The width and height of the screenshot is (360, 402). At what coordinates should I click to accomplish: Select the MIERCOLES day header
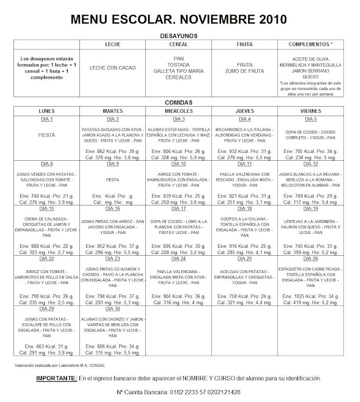[x=180, y=111]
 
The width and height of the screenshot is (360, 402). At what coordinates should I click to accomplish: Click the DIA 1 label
[x=47, y=119]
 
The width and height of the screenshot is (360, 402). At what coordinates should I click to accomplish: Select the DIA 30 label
[x=113, y=309]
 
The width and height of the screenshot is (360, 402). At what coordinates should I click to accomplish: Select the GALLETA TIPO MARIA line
[x=179, y=70]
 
